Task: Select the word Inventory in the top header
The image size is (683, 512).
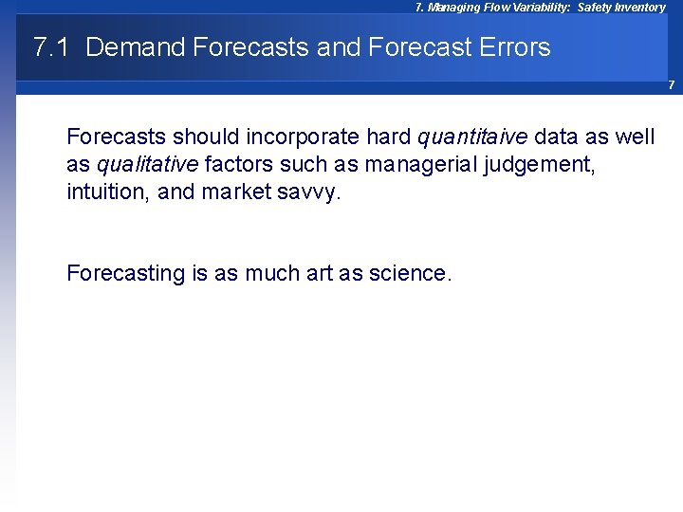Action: click(x=637, y=8)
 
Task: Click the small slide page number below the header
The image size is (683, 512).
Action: click(x=670, y=85)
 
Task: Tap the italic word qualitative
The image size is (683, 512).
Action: click(x=147, y=165)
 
